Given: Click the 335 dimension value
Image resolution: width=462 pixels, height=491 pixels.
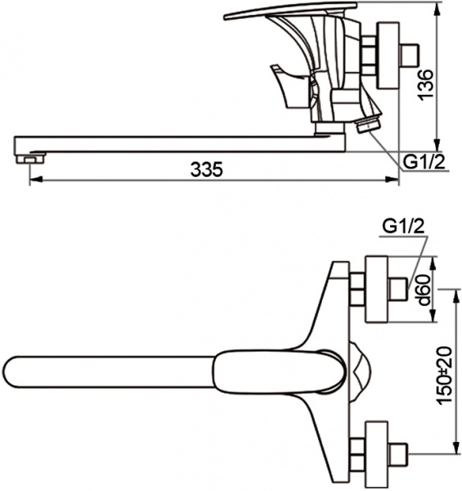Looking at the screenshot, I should tap(206, 169).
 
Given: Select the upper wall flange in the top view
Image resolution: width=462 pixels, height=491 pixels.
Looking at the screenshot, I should tap(377, 288).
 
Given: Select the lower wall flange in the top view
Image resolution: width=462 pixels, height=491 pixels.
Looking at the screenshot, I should tap(377, 451).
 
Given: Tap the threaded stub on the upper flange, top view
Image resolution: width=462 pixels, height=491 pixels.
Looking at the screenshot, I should tap(399, 288).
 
